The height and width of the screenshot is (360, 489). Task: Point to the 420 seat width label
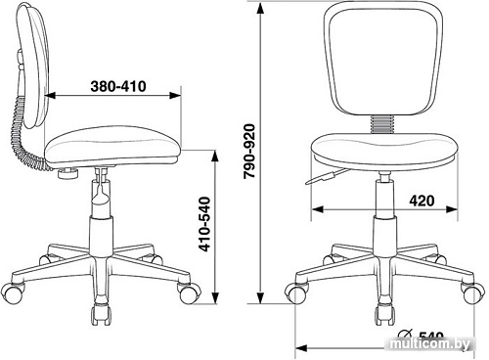422,202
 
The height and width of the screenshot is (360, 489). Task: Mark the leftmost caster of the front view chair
296,290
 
